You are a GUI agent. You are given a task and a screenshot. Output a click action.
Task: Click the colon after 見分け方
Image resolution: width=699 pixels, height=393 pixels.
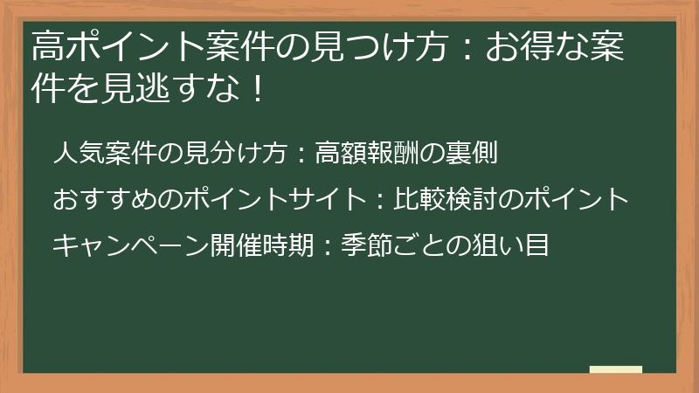(x=301, y=155)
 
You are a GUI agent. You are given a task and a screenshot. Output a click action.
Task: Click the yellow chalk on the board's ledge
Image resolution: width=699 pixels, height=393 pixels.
(x=615, y=369)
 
